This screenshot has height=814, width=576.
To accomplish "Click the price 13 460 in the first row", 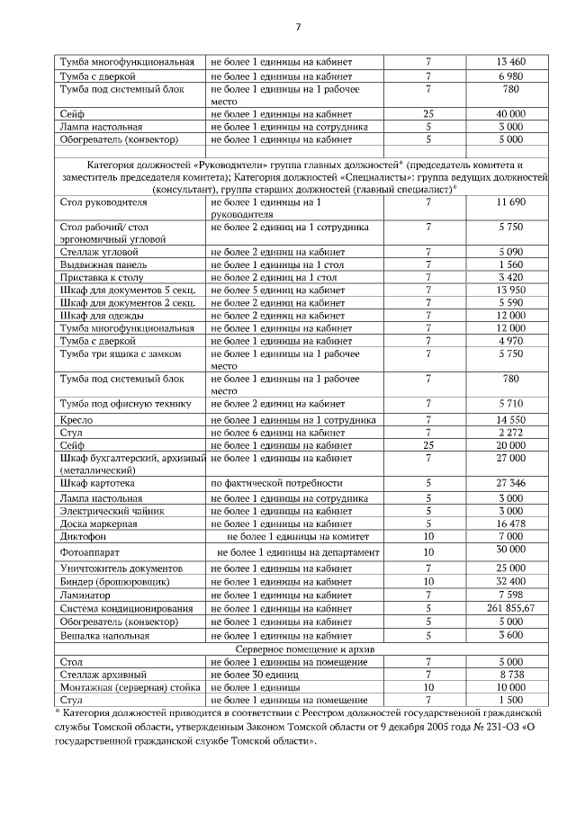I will pos(510,62).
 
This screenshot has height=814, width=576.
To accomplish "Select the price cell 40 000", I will pos(510,114).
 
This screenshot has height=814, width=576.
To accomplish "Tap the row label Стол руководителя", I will pos(97,204).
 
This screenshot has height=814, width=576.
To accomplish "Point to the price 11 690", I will pos(510,204).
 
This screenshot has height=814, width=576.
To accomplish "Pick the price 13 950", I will pos(510,291).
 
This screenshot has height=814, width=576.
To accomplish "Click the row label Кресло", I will pos(76,420).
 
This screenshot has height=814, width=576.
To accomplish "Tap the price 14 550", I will pos(510,420).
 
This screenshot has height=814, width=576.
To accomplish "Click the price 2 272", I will pos(510,433).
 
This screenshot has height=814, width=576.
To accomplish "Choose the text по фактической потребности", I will pos(276,483).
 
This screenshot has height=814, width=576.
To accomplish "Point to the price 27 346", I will pos(510,483).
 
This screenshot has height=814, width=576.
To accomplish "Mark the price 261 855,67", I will pos(510,608).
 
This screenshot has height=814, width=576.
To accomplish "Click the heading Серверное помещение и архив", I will pos(305,649).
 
